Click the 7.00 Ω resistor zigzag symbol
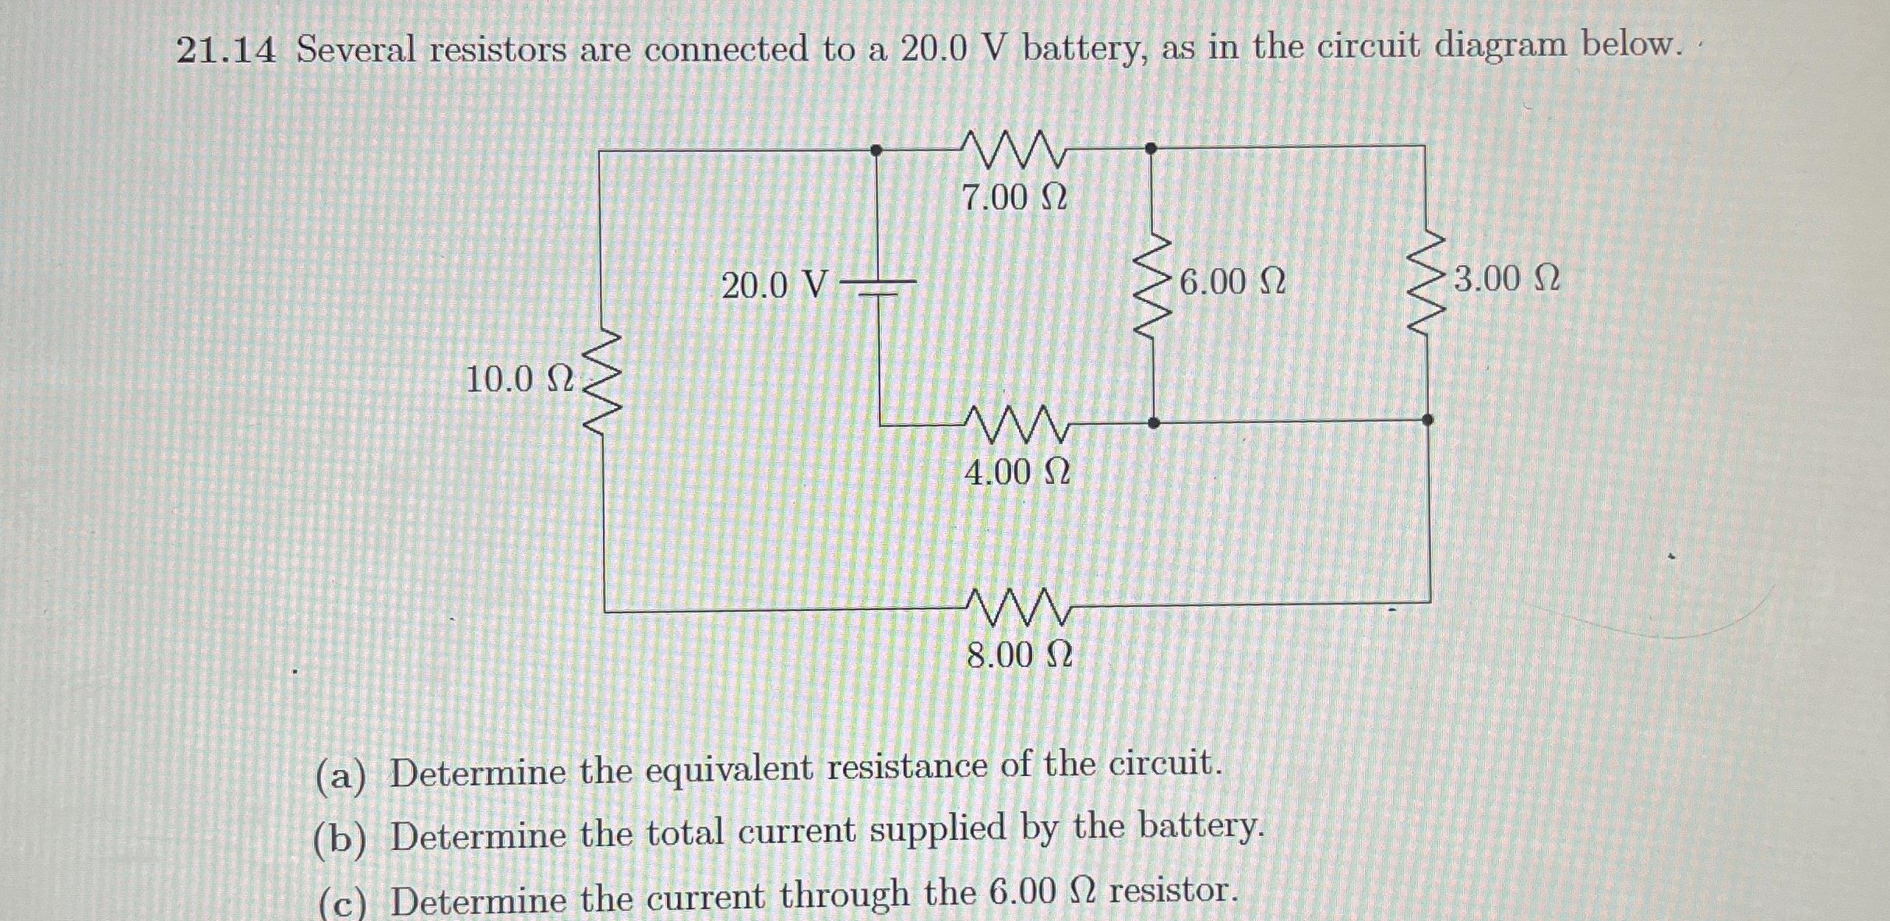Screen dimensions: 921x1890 (1014, 150)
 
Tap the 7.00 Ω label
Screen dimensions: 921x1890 (1014, 198)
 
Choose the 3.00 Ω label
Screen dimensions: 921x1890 (1506, 279)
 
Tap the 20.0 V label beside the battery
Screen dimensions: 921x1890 (774, 285)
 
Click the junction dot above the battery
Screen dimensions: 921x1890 (876, 150)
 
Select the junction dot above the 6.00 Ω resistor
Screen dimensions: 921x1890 (1151, 148)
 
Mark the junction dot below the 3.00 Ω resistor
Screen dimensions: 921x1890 (1427, 420)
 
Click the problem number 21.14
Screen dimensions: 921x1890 (226, 51)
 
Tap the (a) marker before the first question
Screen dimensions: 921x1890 (340, 776)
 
